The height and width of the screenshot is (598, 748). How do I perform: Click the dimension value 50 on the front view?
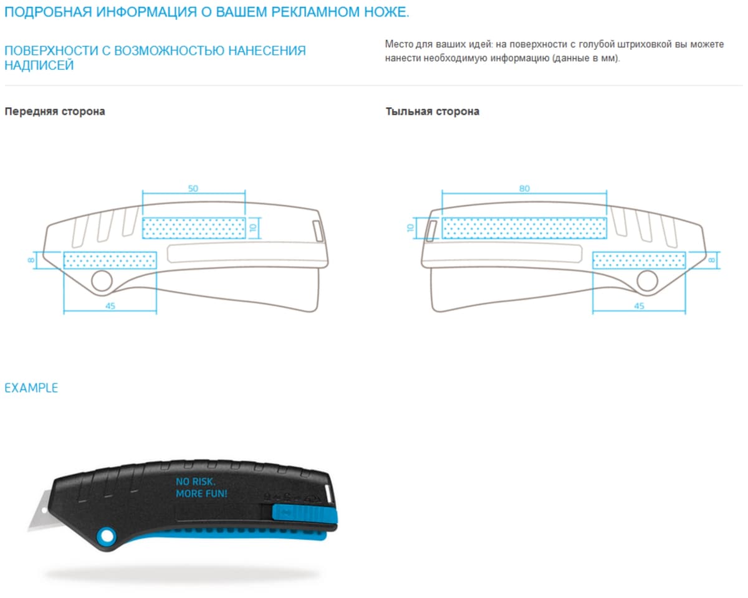tap(193, 188)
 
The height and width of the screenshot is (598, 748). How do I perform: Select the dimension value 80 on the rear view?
tap(524, 188)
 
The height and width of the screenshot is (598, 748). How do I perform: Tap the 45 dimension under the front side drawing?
tap(110, 306)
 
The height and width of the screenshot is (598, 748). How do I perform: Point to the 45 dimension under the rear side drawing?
tap(639, 306)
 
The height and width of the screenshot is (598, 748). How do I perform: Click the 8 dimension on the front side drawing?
tap(31, 260)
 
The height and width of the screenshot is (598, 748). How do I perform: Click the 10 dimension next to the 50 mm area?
tap(252, 227)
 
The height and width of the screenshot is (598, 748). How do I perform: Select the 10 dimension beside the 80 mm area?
tap(411, 228)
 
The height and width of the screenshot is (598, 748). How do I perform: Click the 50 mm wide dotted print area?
tap(194, 228)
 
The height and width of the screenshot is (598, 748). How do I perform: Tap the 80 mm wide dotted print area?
tap(524, 228)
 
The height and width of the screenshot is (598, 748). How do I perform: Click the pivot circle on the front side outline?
tap(102, 281)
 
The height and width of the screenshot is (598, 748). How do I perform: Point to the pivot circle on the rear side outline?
tap(647, 281)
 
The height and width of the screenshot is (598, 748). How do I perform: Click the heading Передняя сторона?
tap(55, 112)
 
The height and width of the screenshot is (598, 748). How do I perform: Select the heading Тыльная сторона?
tap(433, 112)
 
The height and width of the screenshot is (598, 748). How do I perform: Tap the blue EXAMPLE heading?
tap(31, 388)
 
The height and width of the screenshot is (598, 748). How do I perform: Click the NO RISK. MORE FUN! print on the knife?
tap(201, 488)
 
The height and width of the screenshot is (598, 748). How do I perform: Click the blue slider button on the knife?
tap(304, 513)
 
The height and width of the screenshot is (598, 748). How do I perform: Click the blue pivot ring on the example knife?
tap(107, 536)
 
